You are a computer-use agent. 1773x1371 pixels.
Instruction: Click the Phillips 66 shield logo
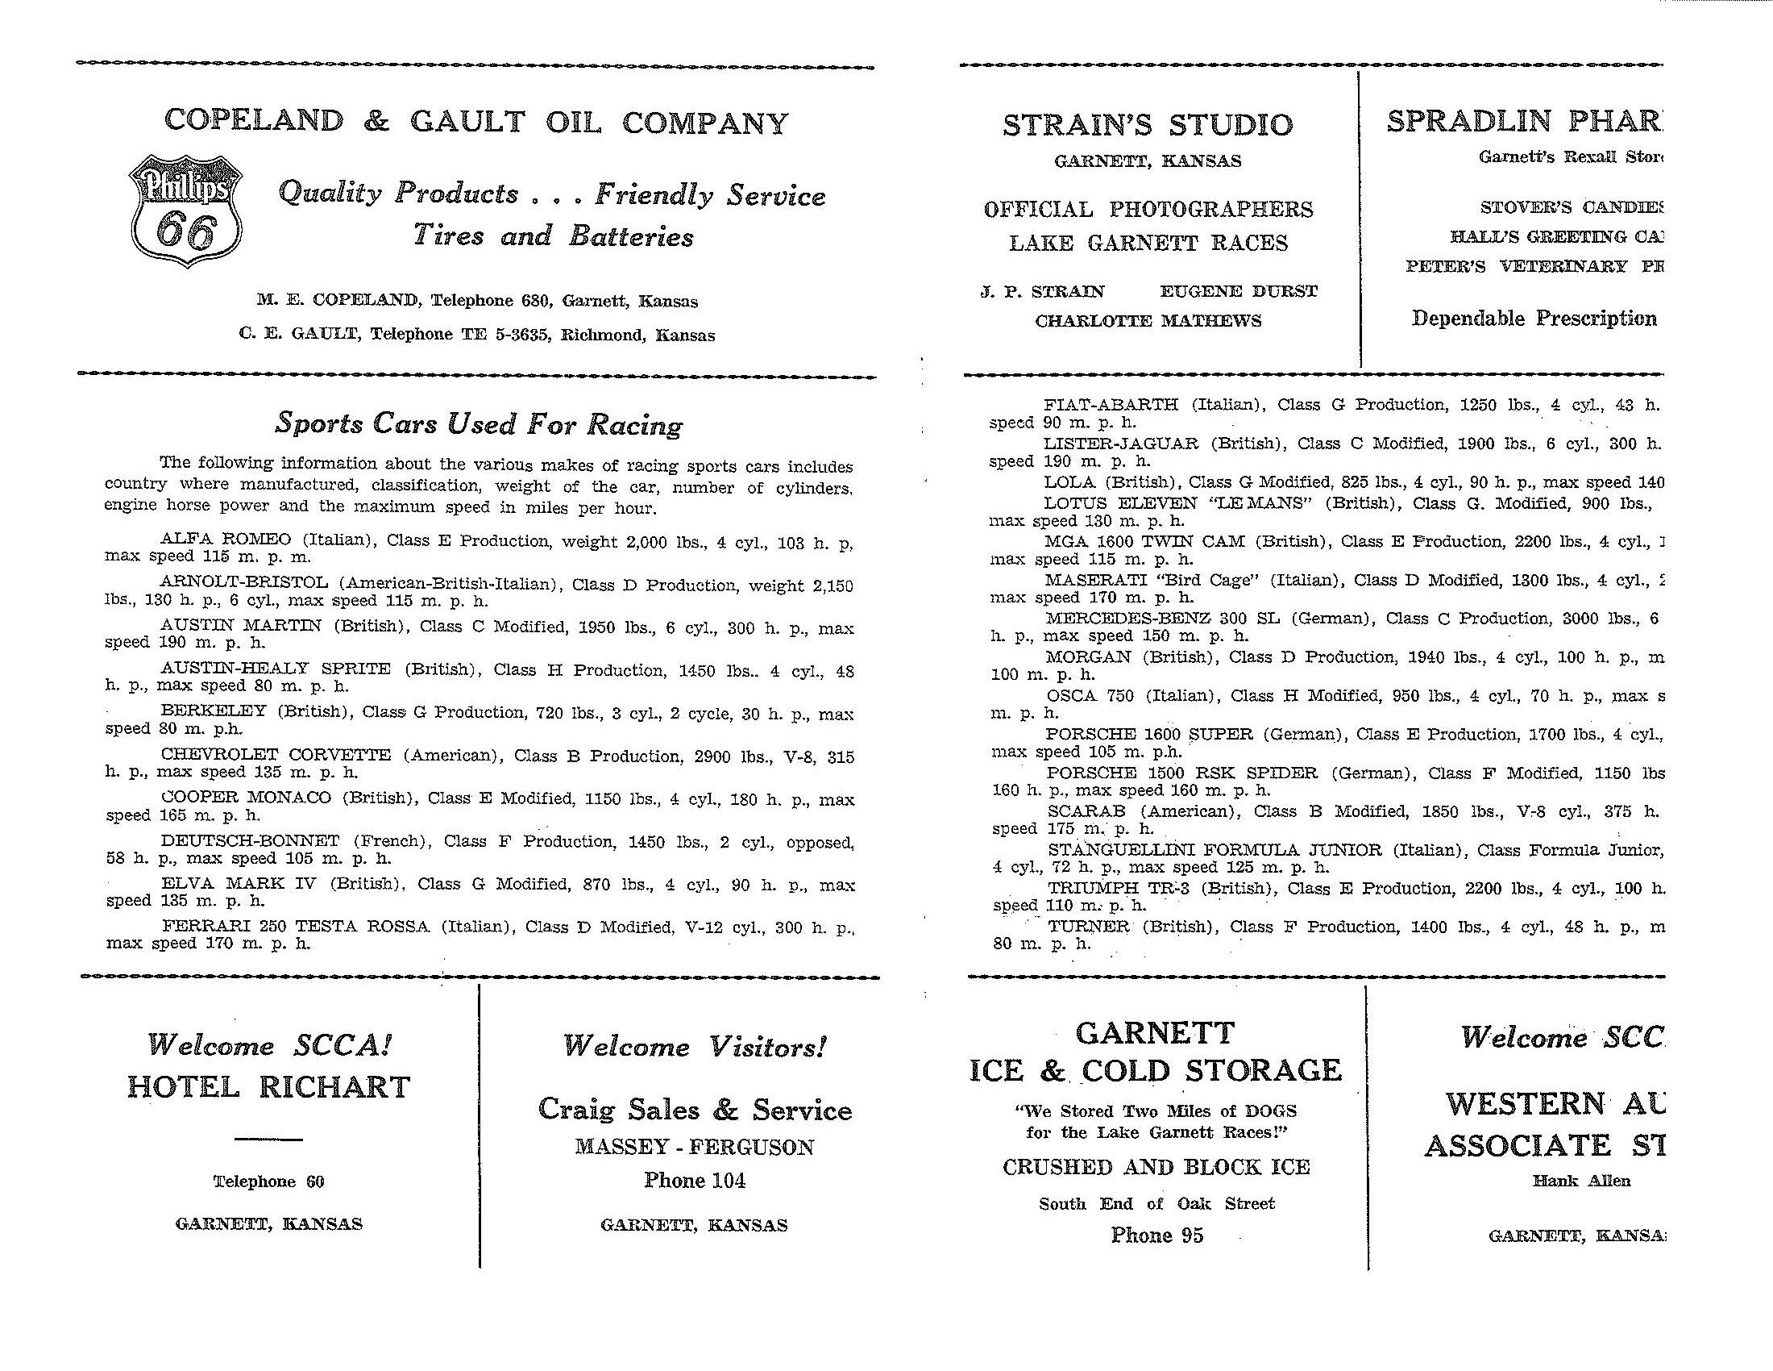(x=185, y=210)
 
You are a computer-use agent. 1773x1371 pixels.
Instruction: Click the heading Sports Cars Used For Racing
(x=479, y=423)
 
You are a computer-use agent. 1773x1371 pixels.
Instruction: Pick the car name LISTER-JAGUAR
(x=1120, y=444)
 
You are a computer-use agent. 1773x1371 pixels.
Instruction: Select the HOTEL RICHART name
(x=268, y=1087)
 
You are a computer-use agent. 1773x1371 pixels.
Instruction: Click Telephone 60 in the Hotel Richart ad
(x=268, y=1181)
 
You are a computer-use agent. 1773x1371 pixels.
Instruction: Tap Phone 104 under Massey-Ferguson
(x=694, y=1180)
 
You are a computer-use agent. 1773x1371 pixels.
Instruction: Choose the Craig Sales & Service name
(x=695, y=1110)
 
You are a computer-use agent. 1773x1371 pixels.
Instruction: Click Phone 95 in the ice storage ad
(x=1156, y=1236)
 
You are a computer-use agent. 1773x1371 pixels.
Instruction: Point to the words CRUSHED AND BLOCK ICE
(x=1156, y=1167)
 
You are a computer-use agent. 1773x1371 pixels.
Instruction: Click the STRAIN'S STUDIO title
(x=1147, y=125)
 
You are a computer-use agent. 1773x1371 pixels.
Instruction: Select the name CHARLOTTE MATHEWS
(x=1148, y=321)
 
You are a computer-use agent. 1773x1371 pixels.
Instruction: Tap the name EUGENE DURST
(x=1238, y=292)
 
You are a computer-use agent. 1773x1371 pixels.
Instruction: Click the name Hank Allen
(x=1580, y=1181)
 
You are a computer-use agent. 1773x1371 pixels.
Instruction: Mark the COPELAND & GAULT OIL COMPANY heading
(x=476, y=122)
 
